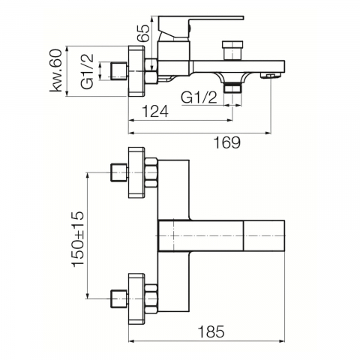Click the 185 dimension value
[x=211, y=332]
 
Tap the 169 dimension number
[x=226, y=142]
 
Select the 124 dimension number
[x=155, y=111]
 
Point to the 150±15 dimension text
[x=78, y=239]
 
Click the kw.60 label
[x=55, y=71]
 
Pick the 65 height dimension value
[x=143, y=33]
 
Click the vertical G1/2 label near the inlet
[x=87, y=71]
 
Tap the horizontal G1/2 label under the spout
[x=199, y=97]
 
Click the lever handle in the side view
[x=201, y=28]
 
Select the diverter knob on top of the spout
[x=232, y=50]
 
